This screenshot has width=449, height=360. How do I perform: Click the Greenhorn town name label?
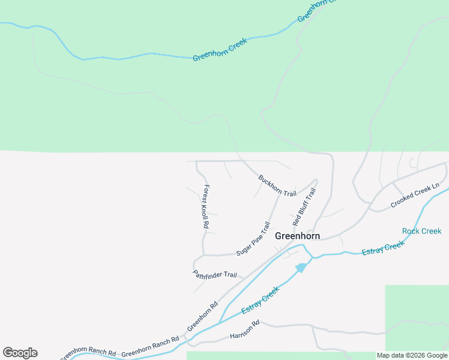click(297, 236)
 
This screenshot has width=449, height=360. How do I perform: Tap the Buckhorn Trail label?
click(277, 185)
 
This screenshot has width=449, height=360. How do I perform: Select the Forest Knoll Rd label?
click(205, 206)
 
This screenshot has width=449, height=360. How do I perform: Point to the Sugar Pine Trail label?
click(253, 239)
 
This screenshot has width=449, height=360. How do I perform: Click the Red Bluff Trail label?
click(304, 207)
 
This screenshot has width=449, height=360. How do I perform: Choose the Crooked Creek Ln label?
click(415, 196)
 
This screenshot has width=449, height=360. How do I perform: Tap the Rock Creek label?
click(421, 231)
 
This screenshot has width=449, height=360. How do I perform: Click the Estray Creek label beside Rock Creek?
click(384, 248)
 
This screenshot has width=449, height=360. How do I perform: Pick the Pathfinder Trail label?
click(215, 275)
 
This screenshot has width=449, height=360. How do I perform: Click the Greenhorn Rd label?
click(202, 316)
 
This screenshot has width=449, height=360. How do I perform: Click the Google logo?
click(20, 353)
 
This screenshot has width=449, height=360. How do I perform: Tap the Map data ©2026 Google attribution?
click(412, 355)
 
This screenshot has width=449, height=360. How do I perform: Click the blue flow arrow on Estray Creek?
click(302, 267)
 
